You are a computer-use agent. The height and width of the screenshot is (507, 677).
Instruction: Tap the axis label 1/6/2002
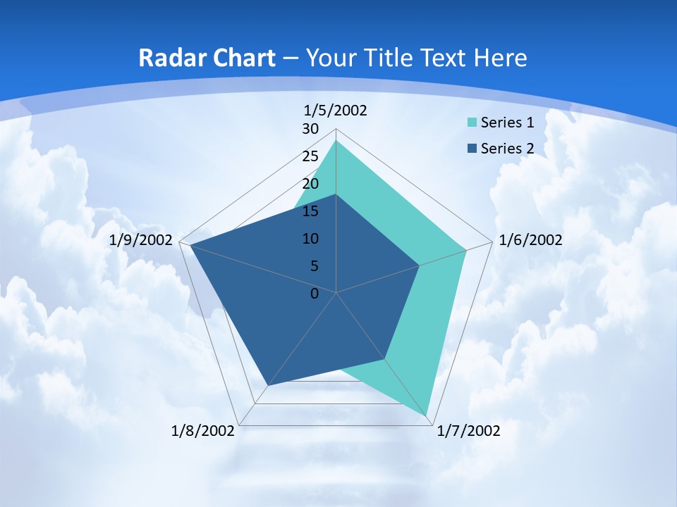(x=530, y=240)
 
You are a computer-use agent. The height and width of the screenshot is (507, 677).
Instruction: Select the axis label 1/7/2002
(x=469, y=430)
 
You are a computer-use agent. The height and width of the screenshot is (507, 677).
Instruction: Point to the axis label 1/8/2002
(x=202, y=430)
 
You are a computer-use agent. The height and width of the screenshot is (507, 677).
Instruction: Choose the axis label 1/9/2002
(x=141, y=240)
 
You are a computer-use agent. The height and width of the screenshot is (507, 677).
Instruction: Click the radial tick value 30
(x=310, y=129)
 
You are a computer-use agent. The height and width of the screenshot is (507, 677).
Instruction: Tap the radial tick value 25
(x=310, y=156)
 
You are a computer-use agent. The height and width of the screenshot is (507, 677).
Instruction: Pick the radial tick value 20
(x=310, y=184)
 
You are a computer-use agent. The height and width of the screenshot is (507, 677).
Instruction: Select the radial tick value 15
(x=310, y=211)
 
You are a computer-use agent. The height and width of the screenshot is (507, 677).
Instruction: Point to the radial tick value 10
(x=310, y=239)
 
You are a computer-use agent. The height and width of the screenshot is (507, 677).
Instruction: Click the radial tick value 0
(x=315, y=294)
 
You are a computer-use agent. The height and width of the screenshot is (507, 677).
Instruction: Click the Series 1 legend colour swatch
(x=472, y=123)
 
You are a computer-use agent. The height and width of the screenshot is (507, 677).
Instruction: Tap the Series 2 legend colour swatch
(x=472, y=149)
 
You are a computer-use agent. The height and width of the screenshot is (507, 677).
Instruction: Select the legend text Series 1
(x=507, y=123)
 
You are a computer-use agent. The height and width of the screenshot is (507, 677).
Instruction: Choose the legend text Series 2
(x=507, y=149)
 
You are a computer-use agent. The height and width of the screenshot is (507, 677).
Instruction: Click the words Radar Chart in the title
(x=207, y=58)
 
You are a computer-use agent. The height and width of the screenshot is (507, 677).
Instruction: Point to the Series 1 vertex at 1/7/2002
(x=427, y=415)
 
